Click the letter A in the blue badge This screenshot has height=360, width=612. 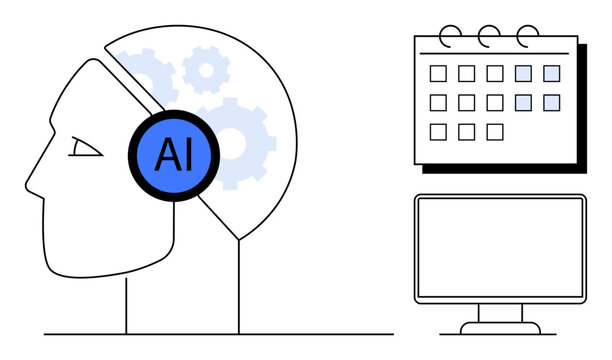[164, 155]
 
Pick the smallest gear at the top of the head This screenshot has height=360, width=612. [206, 69]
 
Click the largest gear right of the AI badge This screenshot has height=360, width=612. [236, 143]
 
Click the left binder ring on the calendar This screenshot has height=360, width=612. [451, 34]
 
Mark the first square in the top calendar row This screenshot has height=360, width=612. [438, 73]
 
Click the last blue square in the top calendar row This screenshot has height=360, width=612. [552, 73]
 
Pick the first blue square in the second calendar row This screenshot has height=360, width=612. [523, 102]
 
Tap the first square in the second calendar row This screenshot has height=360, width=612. [438, 102]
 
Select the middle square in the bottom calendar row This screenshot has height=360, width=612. [466, 131]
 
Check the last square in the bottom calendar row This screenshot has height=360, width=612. [495, 131]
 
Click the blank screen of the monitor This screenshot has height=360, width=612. [499, 247]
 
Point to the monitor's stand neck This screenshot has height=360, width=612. [499, 313]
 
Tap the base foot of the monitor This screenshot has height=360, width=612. [499, 327]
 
